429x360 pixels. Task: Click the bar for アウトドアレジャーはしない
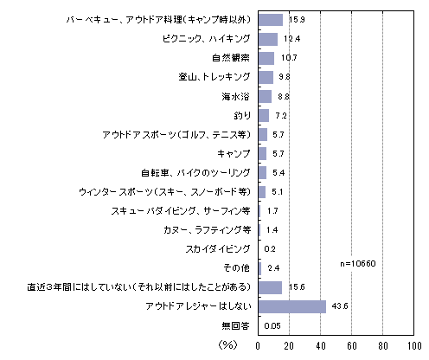click(292, 306)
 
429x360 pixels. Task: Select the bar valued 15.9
click(271, 20)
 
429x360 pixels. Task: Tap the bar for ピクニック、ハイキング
click(268, 39)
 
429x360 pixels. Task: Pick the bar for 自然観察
click(266, 58)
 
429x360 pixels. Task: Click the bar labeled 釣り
click(264, 115)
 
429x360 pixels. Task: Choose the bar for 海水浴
click(265, 96)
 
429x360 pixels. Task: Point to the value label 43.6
click(340, 306)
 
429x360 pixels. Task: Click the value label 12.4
click(291, 39)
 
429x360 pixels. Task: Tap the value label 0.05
click(272, 326)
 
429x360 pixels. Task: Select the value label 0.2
click(270, 249)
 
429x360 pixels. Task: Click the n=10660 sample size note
click(358, 264)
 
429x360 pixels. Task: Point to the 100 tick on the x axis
click(414, 346)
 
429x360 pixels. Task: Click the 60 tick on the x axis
click(352, 346)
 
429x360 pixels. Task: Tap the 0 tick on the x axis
click(258, 346)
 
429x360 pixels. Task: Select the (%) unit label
click(227, 344)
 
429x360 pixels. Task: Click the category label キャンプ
click(234, 153)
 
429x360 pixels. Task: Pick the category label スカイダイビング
click(218, 249)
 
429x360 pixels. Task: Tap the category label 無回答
click(235, 325)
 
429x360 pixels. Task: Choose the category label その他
click(236, 268)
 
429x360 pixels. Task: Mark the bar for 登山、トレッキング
click(266, 77)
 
